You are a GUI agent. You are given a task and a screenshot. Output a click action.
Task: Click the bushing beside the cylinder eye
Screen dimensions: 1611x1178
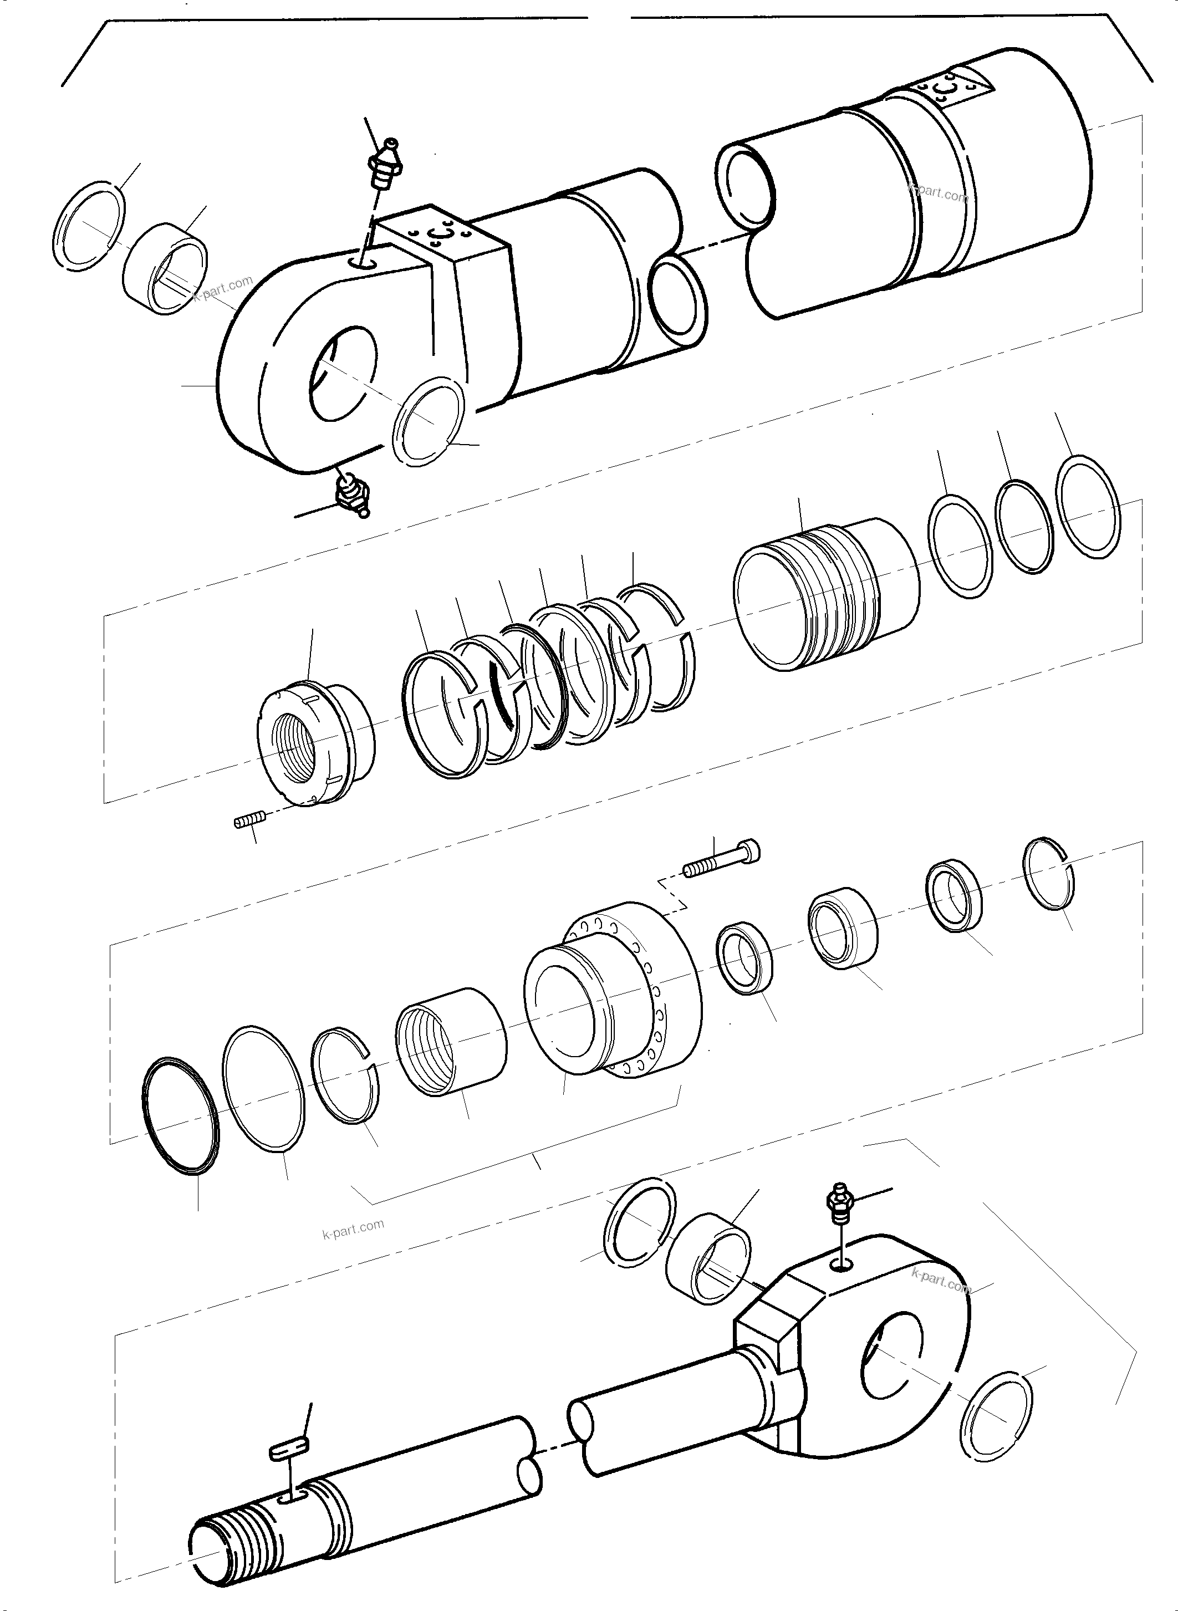[166, 267]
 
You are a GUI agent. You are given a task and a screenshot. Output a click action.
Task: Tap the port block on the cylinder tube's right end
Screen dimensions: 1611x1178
[948, 89]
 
